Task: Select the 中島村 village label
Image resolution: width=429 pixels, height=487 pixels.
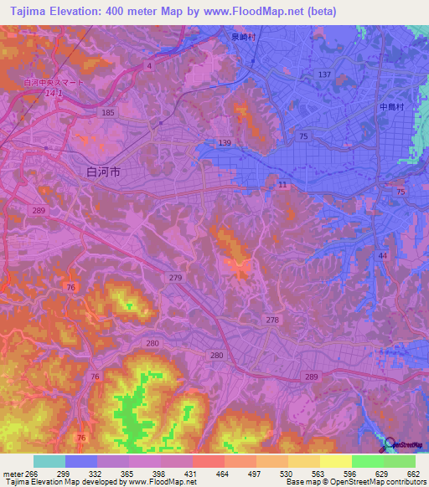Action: tap(391, 107)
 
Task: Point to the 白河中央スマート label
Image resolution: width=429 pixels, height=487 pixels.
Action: tap(53, 83)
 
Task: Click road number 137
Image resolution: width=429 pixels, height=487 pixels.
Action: tap(324, 75)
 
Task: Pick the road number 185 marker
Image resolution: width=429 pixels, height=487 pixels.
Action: tap(107, 112)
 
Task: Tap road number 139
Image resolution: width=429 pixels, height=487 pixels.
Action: tap(224, 143)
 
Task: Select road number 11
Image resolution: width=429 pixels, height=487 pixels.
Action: tap(282, 184)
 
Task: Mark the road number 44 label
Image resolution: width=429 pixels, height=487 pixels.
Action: tap(383, 255)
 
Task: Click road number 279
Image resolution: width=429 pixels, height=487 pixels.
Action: tap(175, 277)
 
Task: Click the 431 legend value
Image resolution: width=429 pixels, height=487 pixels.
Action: tap(192, 474)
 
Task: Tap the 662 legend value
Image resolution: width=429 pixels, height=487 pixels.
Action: tap(413, 474)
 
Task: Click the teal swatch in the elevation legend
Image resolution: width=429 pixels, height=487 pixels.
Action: tap(49, 461)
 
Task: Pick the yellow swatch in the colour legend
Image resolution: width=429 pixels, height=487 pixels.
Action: tap(335, 461)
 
